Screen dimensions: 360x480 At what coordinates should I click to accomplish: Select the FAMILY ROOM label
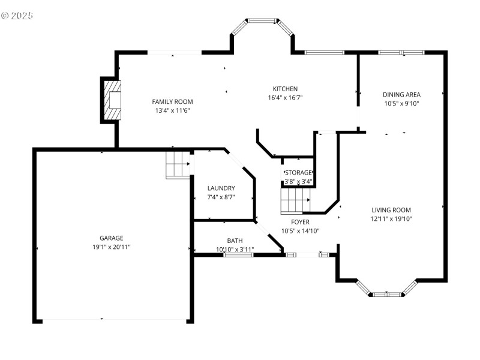pyautogui.click(x=172, y=101)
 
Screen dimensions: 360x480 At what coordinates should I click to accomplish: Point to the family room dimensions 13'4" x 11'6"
pyautogui.click(x=172, y=110)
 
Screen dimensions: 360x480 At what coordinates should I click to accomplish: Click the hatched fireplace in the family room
pyautogui.click(x=113, y=100)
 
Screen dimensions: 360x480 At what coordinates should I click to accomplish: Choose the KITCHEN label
pyautogui.click(x=285, y=89)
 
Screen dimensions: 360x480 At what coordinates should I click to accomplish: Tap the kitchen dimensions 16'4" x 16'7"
pyautogui.click(x=285, y=98)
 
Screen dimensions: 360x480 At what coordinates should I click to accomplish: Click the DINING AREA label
pyautogui.click(x=401, y=94)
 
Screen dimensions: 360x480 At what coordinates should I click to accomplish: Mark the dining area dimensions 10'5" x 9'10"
pyautogui.click(x=401, y=103)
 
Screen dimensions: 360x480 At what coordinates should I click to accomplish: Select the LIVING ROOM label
pyautogui.click(x=391, y=210)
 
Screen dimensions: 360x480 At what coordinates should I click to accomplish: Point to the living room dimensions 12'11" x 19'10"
pyautogui.click(x=391, y=219)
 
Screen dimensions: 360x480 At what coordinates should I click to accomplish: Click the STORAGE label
pyautogui.click(x=298, y=173)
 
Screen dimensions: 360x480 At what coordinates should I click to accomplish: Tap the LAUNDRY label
pyautogui.click(x=220, y=188)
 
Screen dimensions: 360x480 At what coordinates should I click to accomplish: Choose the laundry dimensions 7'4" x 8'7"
pyautogui.click(x=220, y=197)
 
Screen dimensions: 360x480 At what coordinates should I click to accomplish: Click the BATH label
pyautogui.click(x=235, y=241)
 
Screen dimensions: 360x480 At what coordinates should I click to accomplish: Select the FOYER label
pyautogui.click(x=296, y=222)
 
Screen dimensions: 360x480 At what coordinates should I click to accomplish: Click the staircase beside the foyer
pyautogui.click(x=295, y=200)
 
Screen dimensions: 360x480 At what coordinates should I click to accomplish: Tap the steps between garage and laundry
pyautogui.click(x=177, y=164)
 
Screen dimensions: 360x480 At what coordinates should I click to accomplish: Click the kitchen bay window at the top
pyautogui.click(x=262, y=21)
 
